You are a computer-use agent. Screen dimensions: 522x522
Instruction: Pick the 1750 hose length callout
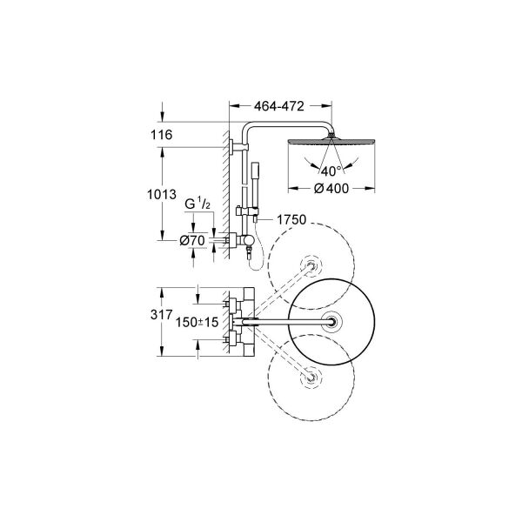[x=294, y=221]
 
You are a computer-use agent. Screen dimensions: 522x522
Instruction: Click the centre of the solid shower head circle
[x=331, y=322]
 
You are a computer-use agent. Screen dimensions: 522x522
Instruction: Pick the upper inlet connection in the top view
[x=234, y=304]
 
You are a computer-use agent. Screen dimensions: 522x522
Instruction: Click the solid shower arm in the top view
[x=287, y=322]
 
